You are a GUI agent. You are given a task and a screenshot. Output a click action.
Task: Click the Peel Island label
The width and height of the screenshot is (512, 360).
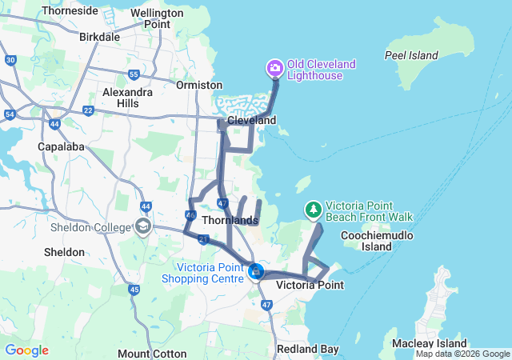(411, 55)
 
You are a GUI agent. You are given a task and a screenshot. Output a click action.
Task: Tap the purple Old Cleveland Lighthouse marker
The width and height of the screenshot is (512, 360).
(275, 67)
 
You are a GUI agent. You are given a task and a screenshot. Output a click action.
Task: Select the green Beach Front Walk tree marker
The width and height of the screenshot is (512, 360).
(314, 210)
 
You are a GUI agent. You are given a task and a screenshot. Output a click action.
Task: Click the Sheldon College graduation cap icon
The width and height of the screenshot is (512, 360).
(143, 226)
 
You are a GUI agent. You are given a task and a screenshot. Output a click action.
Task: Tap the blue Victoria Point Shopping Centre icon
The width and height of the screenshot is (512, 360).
(256, 272)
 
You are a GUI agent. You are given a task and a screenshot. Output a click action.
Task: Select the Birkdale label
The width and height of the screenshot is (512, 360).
(99, 37)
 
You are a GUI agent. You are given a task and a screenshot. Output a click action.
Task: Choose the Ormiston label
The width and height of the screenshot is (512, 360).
(199, 85)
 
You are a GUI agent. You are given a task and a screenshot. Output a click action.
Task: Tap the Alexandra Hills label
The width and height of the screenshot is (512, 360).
(127, 98)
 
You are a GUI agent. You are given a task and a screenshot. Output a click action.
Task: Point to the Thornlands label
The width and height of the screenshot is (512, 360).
(230, 220)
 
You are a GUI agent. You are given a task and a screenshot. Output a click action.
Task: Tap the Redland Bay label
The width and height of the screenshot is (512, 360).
(307, 350)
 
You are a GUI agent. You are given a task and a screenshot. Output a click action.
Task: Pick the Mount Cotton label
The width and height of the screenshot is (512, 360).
(152, 354)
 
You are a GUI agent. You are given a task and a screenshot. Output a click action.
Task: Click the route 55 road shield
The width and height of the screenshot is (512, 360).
(134, 74)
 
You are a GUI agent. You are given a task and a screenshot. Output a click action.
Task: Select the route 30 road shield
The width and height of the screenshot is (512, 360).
(10, 60)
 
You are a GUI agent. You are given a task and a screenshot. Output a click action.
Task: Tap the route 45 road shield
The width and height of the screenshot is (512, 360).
(134, 289)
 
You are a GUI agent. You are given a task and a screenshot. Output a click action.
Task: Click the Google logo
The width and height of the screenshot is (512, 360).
(26, 350)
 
